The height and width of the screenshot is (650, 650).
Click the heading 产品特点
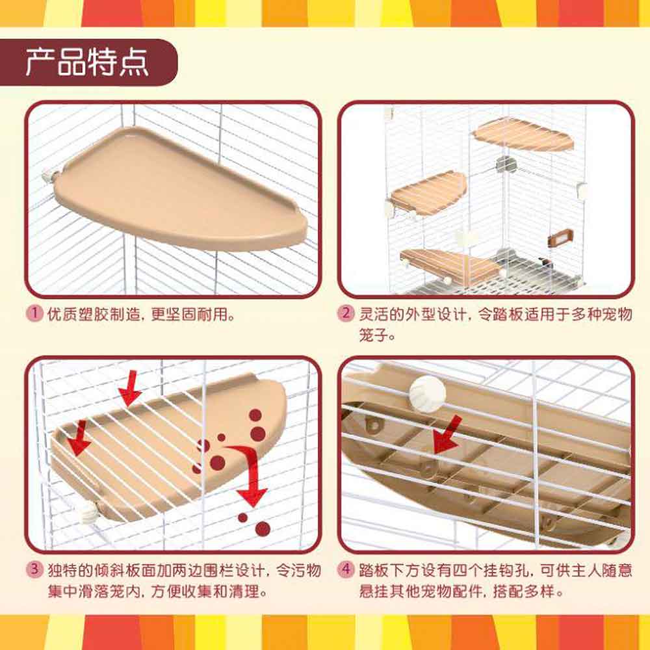coord(86,62)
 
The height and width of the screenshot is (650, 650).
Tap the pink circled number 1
coord(34,313)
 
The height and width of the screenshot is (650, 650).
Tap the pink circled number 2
coord(346,313)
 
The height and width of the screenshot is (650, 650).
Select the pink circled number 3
coord(34,569)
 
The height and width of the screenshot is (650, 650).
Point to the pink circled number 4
coord(346,569)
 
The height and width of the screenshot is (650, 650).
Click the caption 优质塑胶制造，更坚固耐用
coord(141,314)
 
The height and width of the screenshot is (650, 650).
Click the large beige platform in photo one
coord(180,188)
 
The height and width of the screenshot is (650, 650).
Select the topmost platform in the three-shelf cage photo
coord(523,135)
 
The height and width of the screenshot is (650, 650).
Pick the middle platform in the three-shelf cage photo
coord(428,192)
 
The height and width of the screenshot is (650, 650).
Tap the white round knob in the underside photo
coord(428,394)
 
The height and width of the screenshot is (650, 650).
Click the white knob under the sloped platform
coord(88,514)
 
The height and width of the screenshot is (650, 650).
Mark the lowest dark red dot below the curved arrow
coord(263,529)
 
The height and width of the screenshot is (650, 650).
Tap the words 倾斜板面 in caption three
coord(125,570)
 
